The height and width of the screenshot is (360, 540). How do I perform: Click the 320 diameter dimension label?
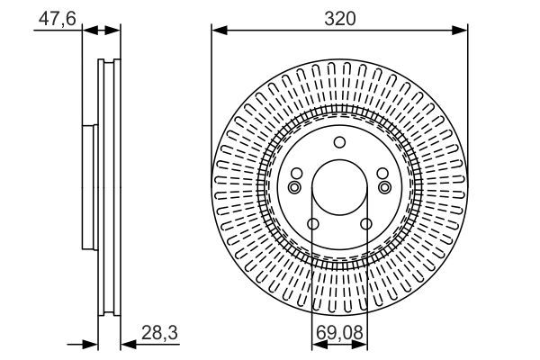339,19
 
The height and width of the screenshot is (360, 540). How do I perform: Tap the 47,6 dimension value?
58,18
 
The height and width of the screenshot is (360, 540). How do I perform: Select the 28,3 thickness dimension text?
159,333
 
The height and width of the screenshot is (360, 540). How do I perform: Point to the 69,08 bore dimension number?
339,333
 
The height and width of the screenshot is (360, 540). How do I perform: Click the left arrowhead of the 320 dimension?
220,31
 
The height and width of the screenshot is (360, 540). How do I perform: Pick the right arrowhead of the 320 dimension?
460,31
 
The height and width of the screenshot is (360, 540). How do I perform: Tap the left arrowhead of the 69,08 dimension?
319,345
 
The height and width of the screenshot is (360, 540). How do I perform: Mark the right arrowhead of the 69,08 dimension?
360,345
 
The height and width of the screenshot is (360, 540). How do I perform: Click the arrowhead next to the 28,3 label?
129,344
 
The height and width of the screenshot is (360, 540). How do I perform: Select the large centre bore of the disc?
339,187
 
